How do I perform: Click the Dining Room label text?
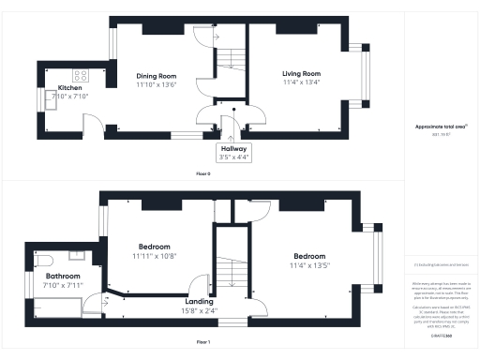point(157,76)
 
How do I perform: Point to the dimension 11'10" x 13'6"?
point(157,84)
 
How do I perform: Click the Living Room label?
point(302,73)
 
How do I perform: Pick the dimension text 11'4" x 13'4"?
point(302,82)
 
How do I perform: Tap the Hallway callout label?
point(233,148)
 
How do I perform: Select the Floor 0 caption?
point(202,174)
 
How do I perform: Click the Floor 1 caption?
point(202,342)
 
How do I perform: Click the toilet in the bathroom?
point(47,260)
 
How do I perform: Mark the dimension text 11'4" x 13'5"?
point(308,265)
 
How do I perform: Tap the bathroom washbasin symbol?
point(78,255)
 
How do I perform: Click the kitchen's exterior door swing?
point(91,125)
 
